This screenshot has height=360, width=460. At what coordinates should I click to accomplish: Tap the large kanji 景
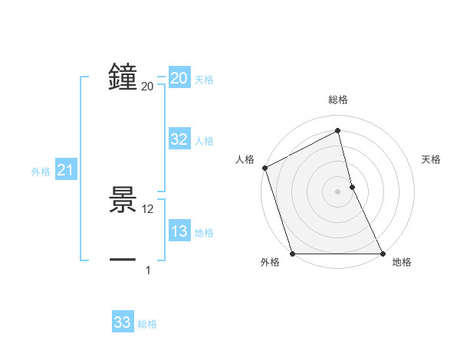tap(123, 201)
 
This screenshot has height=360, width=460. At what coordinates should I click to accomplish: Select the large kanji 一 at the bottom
tap(123, 260)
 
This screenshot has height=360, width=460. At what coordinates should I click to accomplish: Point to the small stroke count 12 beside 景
tap(148, 209)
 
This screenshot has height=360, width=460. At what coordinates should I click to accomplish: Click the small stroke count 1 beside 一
tap(148, 270)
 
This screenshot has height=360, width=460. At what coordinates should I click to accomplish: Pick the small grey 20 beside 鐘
tap(148, 87)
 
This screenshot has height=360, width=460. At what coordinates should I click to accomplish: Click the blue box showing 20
tap(179, 78)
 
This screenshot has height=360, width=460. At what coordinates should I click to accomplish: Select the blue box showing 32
tap(179, 139)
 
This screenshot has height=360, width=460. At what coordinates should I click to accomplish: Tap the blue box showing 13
tap(179, 231)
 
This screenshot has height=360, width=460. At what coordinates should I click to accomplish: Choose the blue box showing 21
tap(64, 170)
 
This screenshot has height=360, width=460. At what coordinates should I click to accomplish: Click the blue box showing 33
tap(123, 322)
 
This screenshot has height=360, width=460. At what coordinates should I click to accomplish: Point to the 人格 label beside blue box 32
tap(204, 141)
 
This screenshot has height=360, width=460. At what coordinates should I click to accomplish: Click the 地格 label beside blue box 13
tap(204, 233)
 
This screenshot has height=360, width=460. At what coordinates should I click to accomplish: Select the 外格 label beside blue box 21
tap(41, 172)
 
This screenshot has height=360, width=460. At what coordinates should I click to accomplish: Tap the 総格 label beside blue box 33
tap(147, 324)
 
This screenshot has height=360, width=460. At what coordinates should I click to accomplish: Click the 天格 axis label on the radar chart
tap(431, 159)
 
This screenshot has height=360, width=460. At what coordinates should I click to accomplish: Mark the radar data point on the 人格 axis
tap(264, 168)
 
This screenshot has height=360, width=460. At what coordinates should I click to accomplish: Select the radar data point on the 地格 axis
tap(382, 254)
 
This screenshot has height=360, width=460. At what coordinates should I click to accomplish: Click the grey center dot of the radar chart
tap(337, 191)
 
